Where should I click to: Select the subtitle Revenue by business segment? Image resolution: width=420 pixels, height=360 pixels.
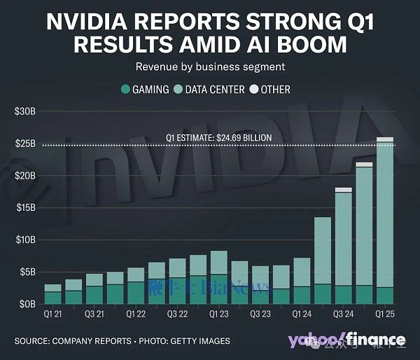click(209, 67)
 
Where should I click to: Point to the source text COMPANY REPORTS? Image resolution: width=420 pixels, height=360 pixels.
click(99, 342)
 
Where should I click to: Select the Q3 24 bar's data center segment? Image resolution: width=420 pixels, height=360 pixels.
click(343, 238)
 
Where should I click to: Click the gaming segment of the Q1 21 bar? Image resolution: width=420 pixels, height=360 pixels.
click(53, 298)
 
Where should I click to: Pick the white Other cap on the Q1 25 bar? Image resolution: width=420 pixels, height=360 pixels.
click(384, 139)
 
